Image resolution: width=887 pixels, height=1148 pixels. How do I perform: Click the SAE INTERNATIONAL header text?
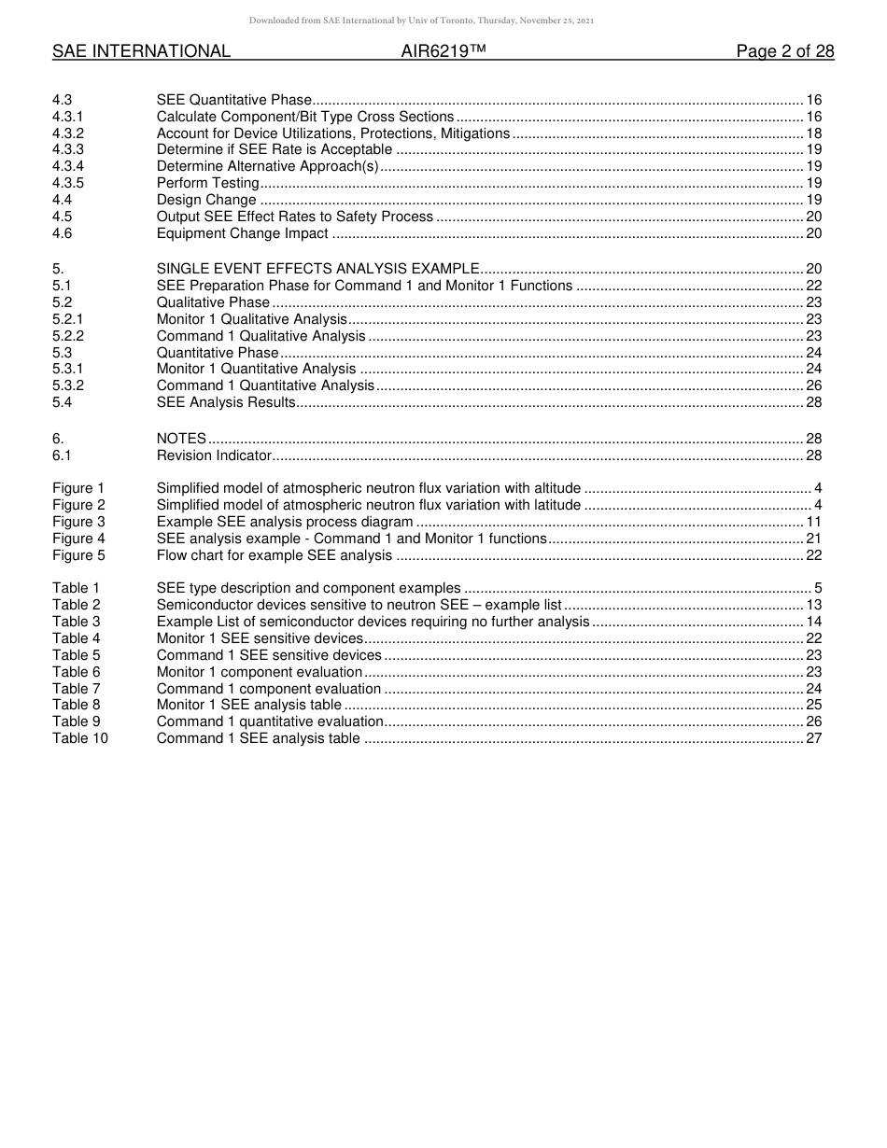(x=141, y=51)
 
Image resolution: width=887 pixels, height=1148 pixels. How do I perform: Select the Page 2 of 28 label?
(x=784, y=51)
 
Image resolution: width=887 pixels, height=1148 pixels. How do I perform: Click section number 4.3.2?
(x=68, y=133)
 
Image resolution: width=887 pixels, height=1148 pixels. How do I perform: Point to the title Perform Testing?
(x=207, y=183)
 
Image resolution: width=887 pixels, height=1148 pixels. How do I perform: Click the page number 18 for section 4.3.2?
(x=813, y=133)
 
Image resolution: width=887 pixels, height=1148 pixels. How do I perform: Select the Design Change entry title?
(x=206, y=200)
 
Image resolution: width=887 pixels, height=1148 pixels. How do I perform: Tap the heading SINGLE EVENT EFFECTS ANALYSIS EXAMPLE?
(x=318, y=269)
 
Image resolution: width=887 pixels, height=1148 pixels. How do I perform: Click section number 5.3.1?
(x=68, y=369)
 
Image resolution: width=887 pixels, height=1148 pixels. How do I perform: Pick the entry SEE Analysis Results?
(x=226, y=402)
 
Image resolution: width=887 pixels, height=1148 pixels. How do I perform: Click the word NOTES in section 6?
(x=181, y=439)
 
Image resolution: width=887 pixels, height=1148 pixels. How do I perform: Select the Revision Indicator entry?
(x=214, y=455)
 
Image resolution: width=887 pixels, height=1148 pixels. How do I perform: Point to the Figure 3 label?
(x=78, y=522)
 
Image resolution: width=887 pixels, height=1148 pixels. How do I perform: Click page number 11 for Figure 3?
(x=813, y=522)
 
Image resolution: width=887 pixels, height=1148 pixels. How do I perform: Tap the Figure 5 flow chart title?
(x=275, y=555)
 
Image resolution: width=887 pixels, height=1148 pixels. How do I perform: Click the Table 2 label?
(x=76, y=605)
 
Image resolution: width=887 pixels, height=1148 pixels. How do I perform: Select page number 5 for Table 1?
(x=817, y=588)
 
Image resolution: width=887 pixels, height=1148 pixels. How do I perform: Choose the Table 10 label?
(x=79, y=738)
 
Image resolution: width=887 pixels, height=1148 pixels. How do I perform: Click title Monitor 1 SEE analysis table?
(x=248, y=705)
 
